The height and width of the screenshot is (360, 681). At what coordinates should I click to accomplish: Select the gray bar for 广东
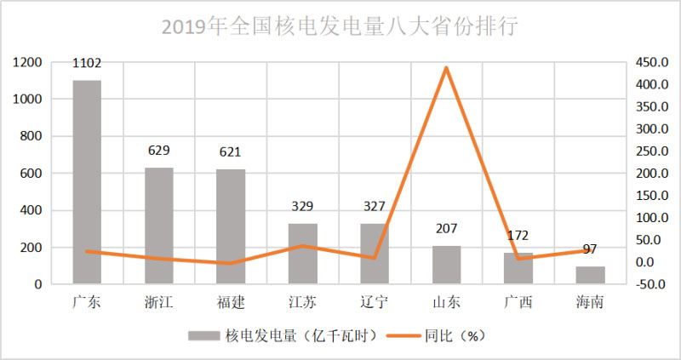coord(87,182)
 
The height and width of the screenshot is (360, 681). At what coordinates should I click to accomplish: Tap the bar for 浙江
coord(158,226)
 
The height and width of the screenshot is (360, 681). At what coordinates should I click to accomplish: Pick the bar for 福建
coord(231,226)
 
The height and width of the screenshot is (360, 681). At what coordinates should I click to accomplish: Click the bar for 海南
coord(590,275)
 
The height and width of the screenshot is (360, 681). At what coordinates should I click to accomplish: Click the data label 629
coord(158,151)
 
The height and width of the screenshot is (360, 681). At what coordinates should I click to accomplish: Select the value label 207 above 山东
coord(446,229)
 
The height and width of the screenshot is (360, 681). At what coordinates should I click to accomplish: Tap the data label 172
coord(518,236)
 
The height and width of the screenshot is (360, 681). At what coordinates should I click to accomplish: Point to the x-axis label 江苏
coord(302,302)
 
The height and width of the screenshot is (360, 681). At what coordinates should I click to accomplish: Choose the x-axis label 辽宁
coord(374,302)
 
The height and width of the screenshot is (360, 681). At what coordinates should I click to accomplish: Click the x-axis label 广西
coord(518,302)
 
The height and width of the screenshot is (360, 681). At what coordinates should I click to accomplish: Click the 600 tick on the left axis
coord(31,174)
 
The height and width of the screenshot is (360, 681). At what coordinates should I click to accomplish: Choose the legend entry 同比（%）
coord(455,336)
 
